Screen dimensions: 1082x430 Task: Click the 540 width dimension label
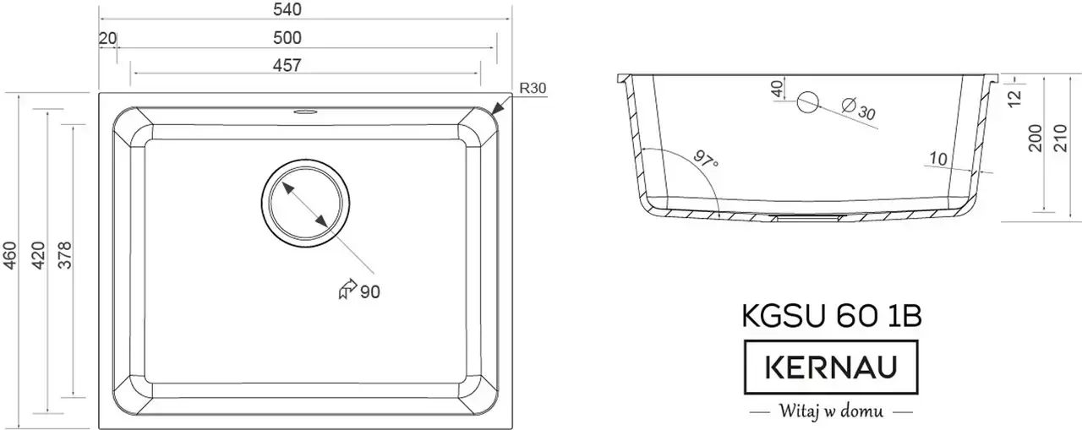coord(287,9)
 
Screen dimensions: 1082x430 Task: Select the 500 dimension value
coord(287,38)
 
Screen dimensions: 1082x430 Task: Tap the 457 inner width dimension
coord(287,65)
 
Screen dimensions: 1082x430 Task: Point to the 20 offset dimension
coord(107,38)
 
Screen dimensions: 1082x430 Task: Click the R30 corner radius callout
coord(533,88)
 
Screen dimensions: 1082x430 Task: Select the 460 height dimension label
coord(9,256)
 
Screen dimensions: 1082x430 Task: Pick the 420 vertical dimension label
coord(38,256)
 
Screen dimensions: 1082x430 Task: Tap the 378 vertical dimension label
coord(64,256)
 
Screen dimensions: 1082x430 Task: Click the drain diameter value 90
coord(370,292)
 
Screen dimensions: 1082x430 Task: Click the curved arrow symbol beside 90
coord(347,289)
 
